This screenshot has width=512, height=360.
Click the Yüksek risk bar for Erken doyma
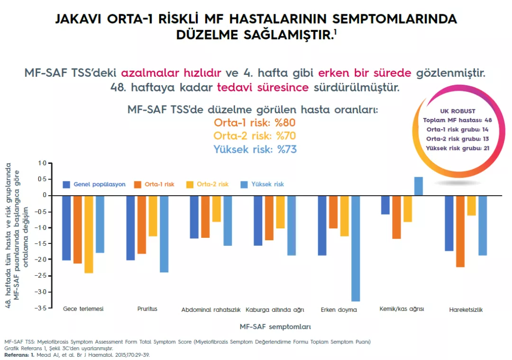click(355, 248)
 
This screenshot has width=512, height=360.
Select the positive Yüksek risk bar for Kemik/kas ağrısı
click(419, 186)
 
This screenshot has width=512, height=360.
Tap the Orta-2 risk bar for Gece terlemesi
click(89, 234)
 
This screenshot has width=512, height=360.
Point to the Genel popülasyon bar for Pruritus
click(130, 227)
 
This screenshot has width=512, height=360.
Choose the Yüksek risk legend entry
click(263, 184)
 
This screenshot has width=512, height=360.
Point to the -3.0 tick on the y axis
click(43, 292)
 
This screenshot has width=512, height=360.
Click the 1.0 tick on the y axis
click(43, 163)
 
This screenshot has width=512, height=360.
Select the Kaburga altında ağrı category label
click(275, 310)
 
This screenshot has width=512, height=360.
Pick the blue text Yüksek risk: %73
click(255, 149)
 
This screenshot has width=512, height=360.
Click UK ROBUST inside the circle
click(457, 111)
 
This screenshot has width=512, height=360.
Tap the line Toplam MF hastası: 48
click(457, 120)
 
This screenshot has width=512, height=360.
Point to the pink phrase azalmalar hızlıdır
click(171, 73)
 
